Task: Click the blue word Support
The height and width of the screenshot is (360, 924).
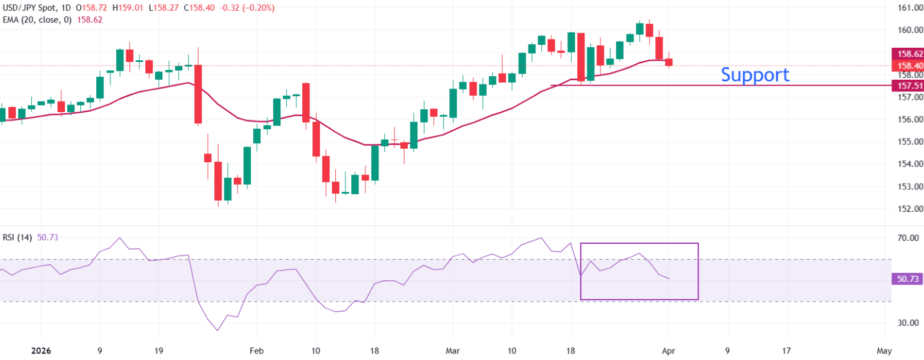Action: coord(755,74)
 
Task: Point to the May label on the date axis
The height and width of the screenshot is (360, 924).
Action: coord(884,351)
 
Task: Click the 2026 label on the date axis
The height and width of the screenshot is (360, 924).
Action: coord(41,351)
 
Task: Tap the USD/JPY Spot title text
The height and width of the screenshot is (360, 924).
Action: coord(28,8)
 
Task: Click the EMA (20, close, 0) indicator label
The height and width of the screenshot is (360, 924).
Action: coord(38,19)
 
